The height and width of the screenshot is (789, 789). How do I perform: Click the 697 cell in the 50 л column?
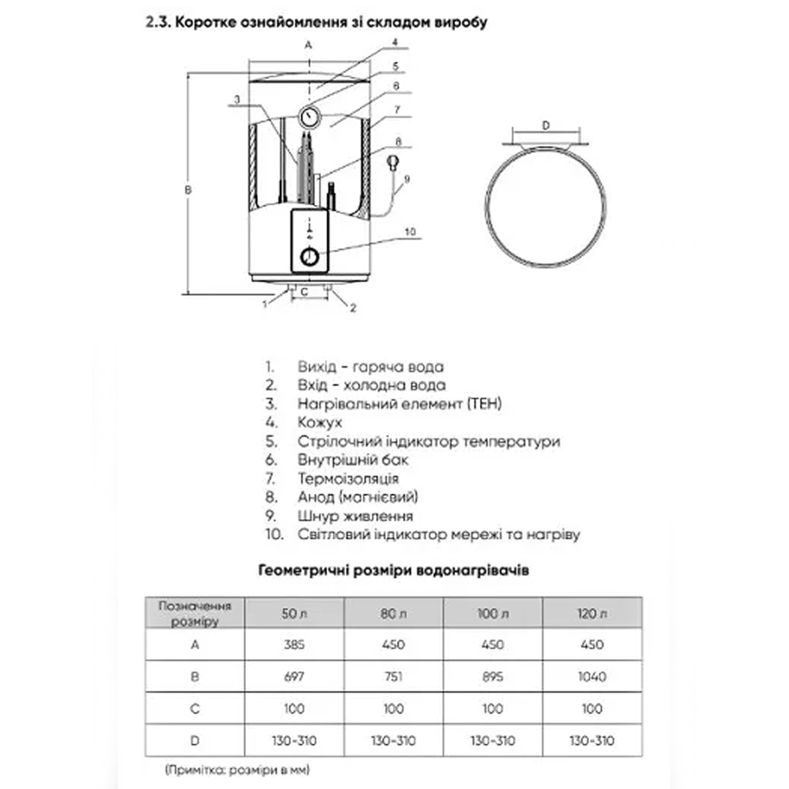(x=294, y=677)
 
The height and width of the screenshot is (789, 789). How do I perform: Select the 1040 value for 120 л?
(x=592, y=677)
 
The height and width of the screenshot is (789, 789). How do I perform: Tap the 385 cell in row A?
(x=294, y=644)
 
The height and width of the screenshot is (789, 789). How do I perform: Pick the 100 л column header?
(x=493, y=613)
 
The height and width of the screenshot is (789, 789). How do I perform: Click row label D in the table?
(x=195, y=740)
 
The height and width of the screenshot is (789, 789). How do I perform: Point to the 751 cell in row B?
(x=393, y=677)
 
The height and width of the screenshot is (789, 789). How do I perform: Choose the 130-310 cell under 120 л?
(x=592, y=740)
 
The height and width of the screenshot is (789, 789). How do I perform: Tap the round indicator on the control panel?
(x=310, y=257)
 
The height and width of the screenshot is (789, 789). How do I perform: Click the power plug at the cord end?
(x=393, y=162)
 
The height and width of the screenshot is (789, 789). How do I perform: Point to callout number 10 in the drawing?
(x=410, y=231)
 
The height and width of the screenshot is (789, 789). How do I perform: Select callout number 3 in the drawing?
(x=237, y=99)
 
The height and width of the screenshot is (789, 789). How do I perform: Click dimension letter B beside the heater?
(x=188, y=190)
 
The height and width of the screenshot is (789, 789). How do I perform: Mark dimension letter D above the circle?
(x=546, y=126)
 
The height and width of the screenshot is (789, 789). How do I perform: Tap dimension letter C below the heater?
(x=304, y=292)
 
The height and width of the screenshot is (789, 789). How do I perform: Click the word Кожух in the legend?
(x=320, y=422)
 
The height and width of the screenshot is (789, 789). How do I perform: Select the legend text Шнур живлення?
(x=355, y=516)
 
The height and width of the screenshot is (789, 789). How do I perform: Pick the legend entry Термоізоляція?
(x=348, y=478)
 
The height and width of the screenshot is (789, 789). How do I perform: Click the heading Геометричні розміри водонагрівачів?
(x=393, y=570)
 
